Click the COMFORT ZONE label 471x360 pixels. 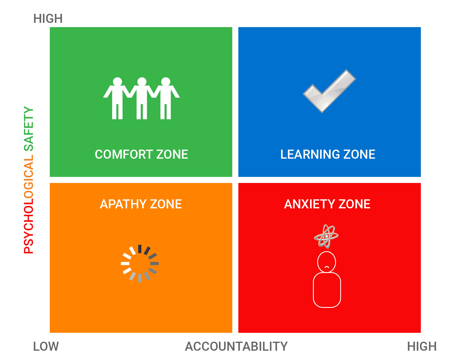(x=141, y=154)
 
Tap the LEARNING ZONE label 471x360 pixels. (x=328, y=154)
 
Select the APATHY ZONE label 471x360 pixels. (x=141, y=204)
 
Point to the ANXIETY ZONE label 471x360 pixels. (x=327, y=204)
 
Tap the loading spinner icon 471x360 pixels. (x=140, y=263)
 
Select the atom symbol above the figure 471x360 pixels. (x=326, y=236)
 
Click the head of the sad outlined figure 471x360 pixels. (x=327, y=262)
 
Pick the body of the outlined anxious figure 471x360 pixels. (x=327, y=290)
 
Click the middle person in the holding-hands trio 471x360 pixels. (x=142, y=98)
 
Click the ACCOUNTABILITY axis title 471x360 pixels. (x=236, y=346)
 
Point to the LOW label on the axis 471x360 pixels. (x=46, y=346)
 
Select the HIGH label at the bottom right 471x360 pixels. (x=422, y=346)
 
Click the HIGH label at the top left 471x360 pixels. (x=48, y=19)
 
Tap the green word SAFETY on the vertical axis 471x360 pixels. (x=29, y=129)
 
